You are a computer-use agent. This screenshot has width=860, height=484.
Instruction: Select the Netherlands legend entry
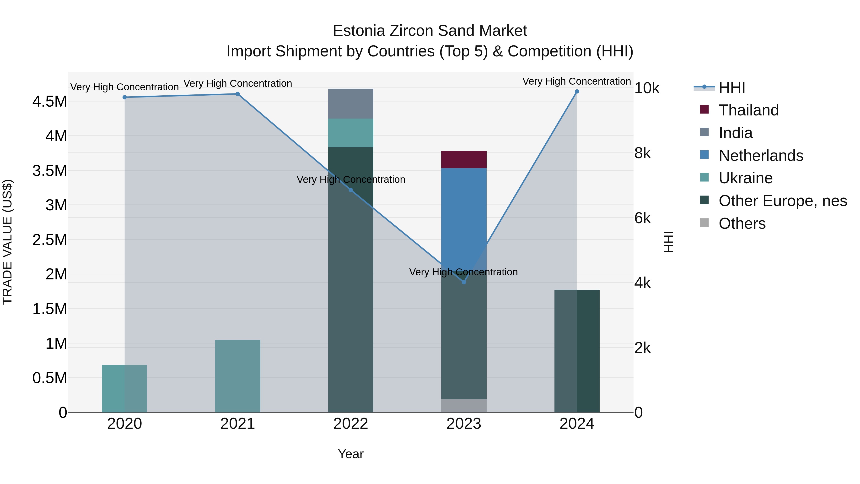[x=761, y=156]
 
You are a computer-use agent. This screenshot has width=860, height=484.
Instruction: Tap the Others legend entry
[x=742, y=224]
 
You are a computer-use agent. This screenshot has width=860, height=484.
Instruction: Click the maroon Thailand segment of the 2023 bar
[x=464, y=160]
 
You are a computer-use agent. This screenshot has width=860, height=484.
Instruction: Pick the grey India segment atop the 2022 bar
[x=350, y=103]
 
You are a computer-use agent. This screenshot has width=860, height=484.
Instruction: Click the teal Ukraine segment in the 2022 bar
[x=350, y=133]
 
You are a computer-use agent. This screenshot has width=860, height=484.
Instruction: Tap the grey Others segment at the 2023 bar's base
[x=464, y=406]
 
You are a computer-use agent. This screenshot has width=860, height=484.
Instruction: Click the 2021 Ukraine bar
[x=237, y=376]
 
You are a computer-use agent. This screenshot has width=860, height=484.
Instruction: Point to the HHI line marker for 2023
[x=464, y=282]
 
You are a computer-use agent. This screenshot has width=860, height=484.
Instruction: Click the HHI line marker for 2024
[x=577, y=92]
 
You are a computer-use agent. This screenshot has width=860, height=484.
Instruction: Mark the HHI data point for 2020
[x=124, y=98]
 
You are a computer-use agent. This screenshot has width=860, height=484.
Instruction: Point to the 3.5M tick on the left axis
[x=49, y=171]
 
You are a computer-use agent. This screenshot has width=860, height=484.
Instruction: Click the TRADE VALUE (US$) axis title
[x=7, y=242]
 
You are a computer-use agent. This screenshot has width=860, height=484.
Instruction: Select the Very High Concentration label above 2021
[x=237, y=83]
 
